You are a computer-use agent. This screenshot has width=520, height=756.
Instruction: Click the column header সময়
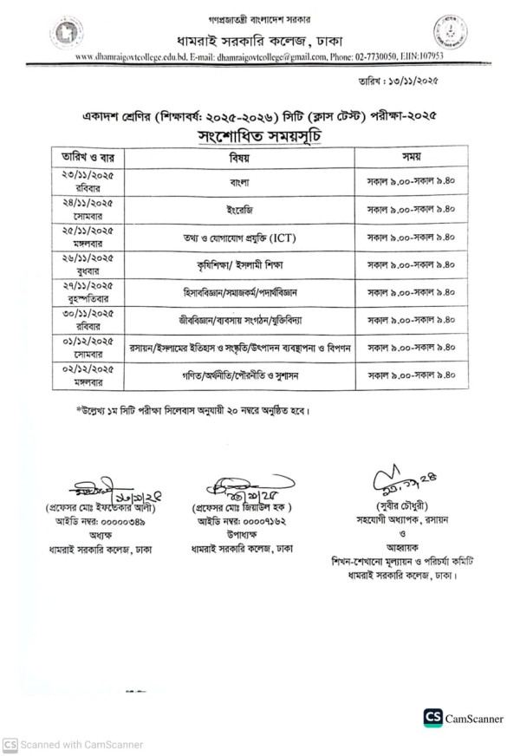(x=411, y=159)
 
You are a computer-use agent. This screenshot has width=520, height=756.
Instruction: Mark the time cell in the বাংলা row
(x=411, y=184)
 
